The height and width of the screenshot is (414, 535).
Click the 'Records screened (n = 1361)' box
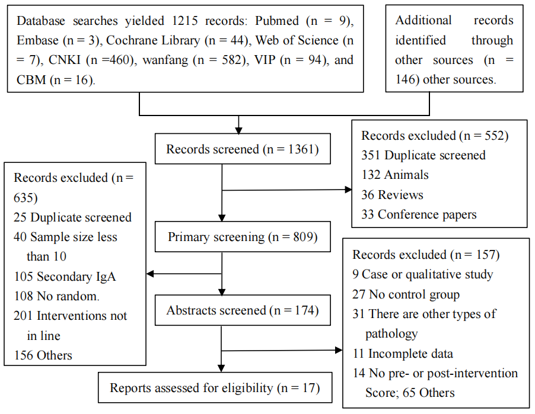pyautogui.click(x=242, y=149)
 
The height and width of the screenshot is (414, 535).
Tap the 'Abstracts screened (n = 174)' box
pyautogui.click(x=242, y=310)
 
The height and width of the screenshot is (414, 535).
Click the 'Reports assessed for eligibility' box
pyautogui.click(x=215, y=388)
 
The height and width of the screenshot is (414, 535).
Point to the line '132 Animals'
pyautogui.click(x=394, y=175)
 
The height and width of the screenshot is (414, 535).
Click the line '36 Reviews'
pyautogui.click(x=392, y=195)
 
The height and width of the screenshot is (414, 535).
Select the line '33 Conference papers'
pyautogui.click(x=419, y=214)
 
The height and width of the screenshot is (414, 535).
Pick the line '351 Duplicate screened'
pyautogui.click(x=423, y=155)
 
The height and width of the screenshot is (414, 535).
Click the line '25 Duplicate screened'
pyautogui.click(x=72, y=217)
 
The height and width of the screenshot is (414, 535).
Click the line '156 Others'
pyautogui.click(x=43, y=355)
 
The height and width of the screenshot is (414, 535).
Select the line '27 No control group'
pyautogui.click(x=406, y=294)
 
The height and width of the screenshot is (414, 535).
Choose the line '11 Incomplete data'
pyautogui.click(x=403, y=354)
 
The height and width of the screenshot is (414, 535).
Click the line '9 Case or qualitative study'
pyautogui.click(x=422, y=274)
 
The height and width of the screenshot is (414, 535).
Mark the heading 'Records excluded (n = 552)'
pyautogui.click(x=435, y=136)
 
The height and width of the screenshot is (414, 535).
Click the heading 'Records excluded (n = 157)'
pyautogui.click(x=426, y=255)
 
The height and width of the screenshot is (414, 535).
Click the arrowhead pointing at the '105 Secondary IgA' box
pyautogui.click(x=151, y=274)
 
